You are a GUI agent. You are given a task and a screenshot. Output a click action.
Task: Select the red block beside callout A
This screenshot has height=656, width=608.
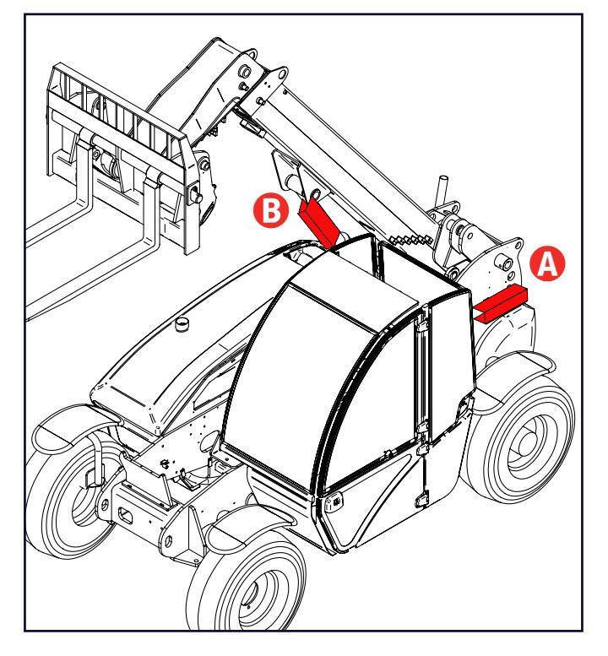click(499, 302)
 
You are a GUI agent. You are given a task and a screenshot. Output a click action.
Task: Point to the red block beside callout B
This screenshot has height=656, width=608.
click(320, 219)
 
